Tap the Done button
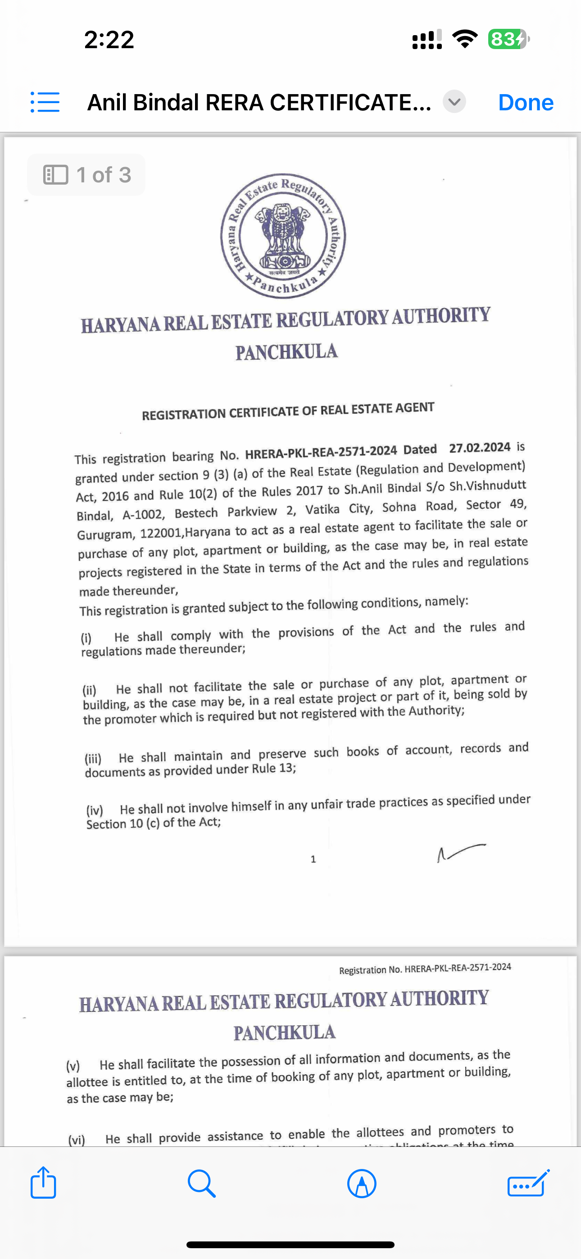[526, 103]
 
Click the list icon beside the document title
[45, 102]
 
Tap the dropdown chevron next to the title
[454, 102]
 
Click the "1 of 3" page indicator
[86, 175]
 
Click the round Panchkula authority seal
[283, 236]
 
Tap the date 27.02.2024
[480, 448]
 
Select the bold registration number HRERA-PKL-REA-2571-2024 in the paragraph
[321, 452]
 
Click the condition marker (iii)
[93, 759]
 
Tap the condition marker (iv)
[95, 811]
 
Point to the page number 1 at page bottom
[313, 859]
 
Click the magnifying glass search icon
[201, 1184]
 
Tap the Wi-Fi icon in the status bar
[465, 39]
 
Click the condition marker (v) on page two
[73, 1066]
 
